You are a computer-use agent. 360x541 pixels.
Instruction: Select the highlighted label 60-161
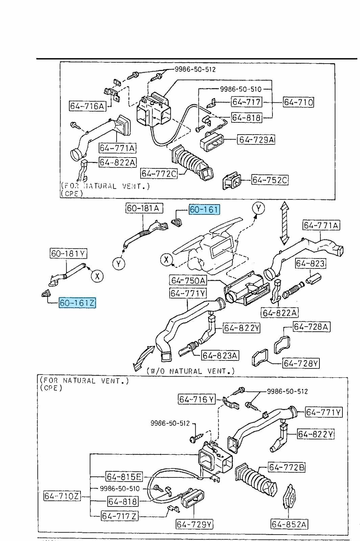coord(204,210)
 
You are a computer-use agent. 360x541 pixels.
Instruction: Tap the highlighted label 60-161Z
coord(77,303)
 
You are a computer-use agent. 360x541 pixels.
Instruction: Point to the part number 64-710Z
coord(63,496)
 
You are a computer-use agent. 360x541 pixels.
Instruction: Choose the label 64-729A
coord(256,140)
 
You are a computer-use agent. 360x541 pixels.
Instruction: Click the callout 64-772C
coord(159,173)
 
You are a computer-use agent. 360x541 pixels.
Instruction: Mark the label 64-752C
coord(270,180)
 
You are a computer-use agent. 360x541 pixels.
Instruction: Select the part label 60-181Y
coord(68,253)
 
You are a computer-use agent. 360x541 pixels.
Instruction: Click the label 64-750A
coord(188,280)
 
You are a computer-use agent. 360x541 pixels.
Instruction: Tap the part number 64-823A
coord(220,355)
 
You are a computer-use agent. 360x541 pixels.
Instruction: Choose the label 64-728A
coord(311,327)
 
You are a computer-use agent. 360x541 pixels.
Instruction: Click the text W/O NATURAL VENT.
coord(191,371)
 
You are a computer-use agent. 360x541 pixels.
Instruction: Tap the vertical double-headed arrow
coord(284,223)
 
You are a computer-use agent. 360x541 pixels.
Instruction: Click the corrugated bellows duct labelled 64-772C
coord(189,162)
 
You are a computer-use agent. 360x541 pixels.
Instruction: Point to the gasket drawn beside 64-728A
coord(281,344)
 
